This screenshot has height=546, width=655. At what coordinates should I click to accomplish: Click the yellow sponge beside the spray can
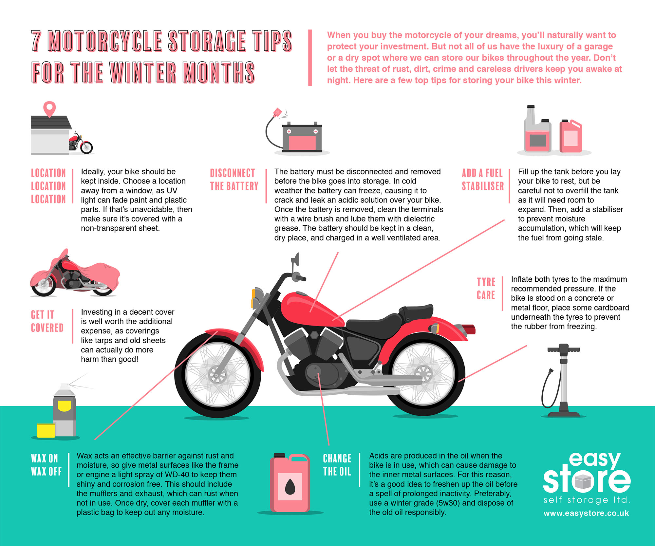point(46,430)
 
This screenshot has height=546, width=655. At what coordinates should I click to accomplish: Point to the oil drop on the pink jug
point(290,487)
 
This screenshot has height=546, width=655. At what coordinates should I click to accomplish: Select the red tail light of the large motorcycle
point(469,329)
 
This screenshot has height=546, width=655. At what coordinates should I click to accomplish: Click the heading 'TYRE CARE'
point(486,289)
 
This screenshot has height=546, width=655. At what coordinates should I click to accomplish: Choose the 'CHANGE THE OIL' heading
point(337,465)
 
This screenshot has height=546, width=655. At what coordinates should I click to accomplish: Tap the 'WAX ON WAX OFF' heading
point(46,465)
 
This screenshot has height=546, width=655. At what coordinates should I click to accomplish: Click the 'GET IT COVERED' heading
point(47,321)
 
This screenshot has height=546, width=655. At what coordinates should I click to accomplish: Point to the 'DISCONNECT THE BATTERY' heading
point(234,179)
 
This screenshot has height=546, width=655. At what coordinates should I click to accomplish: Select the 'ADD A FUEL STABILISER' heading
point(483,179)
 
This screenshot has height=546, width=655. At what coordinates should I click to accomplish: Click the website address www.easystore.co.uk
point(586,513)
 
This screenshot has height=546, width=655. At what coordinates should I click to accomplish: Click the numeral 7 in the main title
point(37,41)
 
